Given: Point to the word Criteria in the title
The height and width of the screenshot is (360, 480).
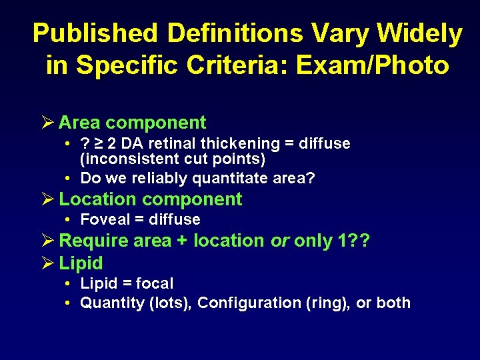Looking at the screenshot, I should click(x=257, y=65).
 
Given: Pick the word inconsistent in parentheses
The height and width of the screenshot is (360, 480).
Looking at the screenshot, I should click(x=127, y=160).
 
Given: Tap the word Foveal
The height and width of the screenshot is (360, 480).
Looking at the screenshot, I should click(x=103, y=219).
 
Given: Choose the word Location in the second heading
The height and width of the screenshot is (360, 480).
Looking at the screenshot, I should click(x=98, y=199).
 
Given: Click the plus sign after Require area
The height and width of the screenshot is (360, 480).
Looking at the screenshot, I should click(x=182, y=241).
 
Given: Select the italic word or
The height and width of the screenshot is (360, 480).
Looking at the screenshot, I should click(x=279, y=241).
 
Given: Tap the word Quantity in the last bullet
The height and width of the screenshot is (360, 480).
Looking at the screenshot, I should click(x=105, y=303).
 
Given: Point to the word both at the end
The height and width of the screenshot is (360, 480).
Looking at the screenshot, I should click(x=393, y=303).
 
